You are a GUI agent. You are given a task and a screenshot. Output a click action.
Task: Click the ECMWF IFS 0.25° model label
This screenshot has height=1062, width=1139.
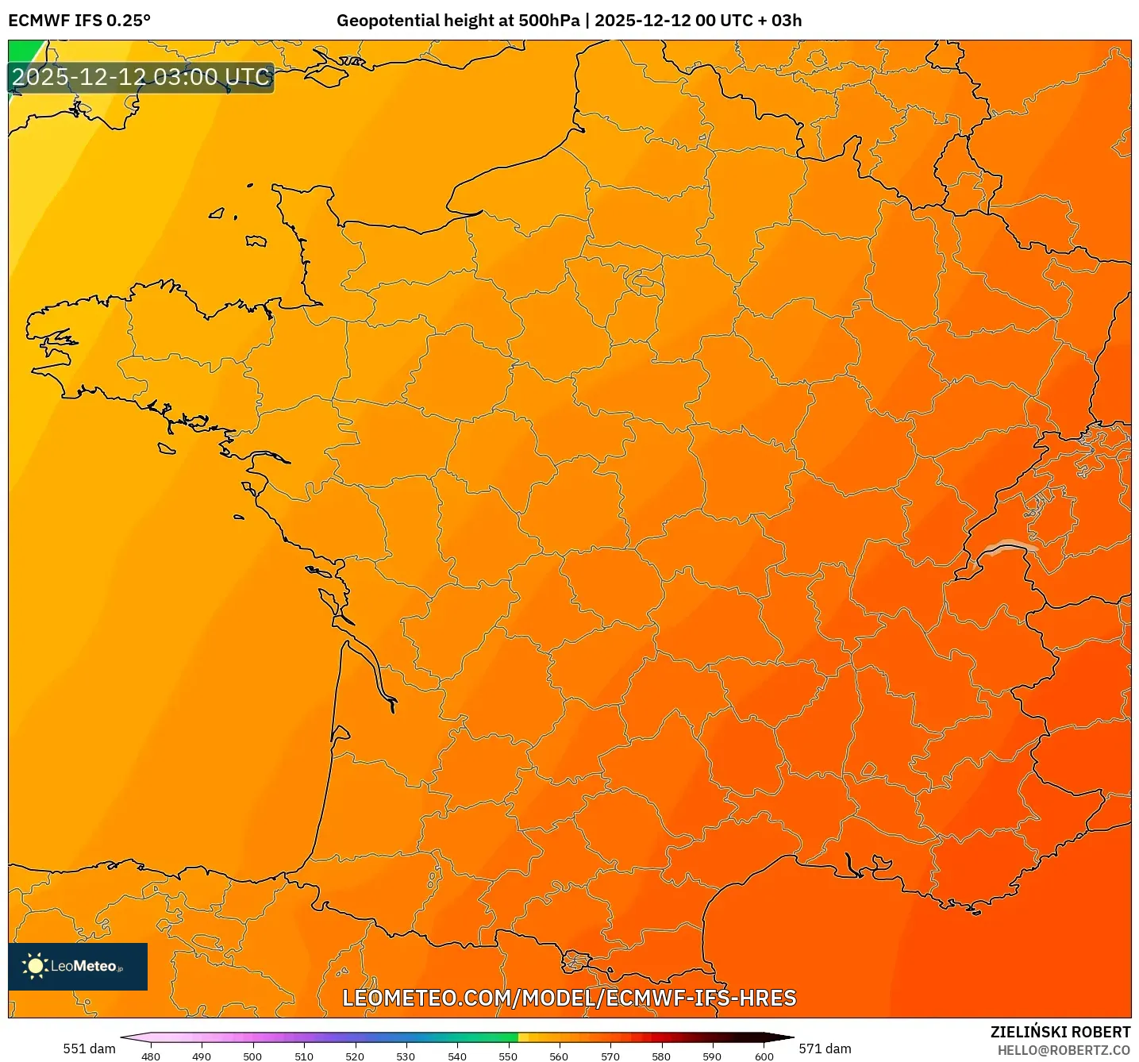click(79, 21)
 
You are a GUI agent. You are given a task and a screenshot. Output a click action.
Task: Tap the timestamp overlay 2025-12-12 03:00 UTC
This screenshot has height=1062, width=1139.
click(141, 78)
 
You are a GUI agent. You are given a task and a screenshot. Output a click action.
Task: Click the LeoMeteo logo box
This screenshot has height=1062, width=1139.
click(78, 966)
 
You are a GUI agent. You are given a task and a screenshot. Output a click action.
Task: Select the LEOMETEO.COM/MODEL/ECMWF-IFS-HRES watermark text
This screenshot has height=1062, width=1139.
click(568, 998)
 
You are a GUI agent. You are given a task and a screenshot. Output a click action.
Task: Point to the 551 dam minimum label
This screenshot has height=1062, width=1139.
click(89, 1049)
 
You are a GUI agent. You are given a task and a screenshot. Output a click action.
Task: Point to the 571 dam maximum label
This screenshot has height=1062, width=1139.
click(825, 1049)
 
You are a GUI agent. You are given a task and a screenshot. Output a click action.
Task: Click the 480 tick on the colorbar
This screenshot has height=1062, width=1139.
click(150, 1056)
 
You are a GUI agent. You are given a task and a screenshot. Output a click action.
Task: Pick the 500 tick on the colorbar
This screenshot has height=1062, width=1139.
click(252, 1056)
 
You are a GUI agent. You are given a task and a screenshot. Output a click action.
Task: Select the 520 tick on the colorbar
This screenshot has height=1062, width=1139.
click(355, 1056)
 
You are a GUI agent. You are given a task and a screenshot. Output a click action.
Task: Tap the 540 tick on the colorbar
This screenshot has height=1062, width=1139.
click(457, 1056)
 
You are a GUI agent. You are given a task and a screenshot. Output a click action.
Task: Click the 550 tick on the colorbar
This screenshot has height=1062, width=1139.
click(508, 1056)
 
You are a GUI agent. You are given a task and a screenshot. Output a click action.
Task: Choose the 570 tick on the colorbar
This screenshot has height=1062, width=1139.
click(610, 1056)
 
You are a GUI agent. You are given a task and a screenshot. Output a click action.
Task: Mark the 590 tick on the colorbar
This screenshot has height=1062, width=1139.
click(712, 1056)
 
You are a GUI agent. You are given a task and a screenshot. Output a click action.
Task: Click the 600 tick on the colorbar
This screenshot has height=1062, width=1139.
click(764, 1056)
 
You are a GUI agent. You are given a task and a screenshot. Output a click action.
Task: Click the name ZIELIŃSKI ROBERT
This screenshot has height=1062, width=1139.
click(1060, 1032)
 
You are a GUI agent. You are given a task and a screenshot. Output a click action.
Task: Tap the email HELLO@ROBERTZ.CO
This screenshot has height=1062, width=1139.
click(1064, 1050)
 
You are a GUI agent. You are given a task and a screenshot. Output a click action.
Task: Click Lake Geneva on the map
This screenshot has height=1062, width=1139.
click(1008, 547)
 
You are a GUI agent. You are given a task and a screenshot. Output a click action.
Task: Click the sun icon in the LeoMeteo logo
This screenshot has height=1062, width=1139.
click(35, 966)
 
